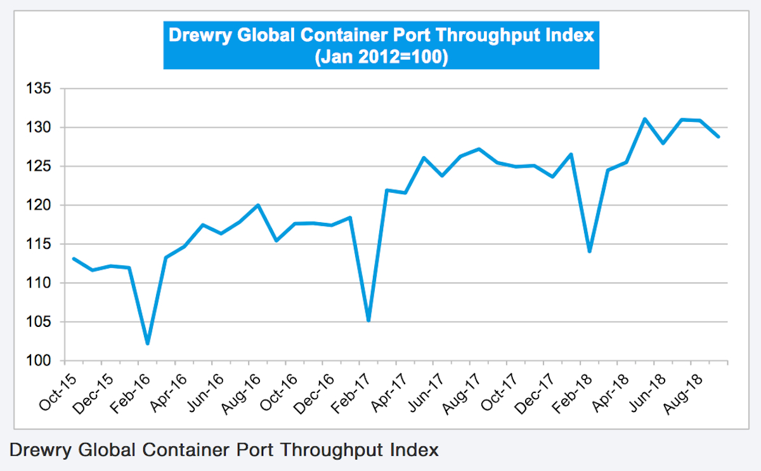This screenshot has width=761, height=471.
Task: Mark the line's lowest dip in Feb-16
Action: (x=148, y=343)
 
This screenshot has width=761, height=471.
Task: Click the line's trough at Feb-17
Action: (x=368, y=320)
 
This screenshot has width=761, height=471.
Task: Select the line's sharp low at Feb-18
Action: (x=590, y=251)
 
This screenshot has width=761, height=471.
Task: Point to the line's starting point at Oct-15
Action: (x=74, y=258)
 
